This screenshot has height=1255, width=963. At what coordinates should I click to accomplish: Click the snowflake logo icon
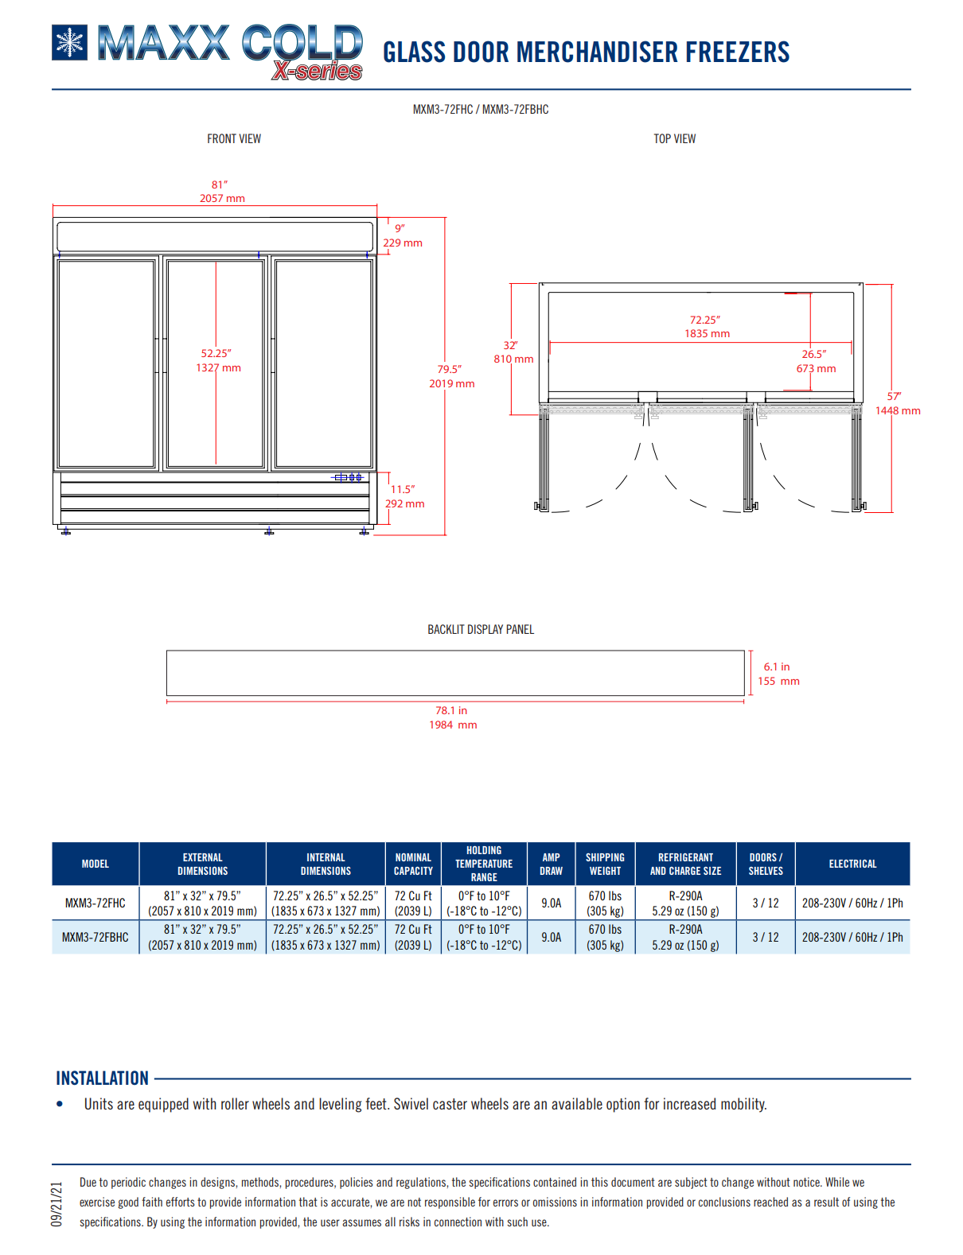click(x=69, y=43)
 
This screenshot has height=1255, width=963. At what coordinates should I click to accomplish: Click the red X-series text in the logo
click(x=318, y=71)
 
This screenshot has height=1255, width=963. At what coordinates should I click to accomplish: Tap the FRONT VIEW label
click(x=234, y=139)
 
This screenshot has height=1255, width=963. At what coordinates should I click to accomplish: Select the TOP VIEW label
click(x=674, y=139)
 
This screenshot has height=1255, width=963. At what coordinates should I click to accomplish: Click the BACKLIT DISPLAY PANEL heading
click(x=481, y=630)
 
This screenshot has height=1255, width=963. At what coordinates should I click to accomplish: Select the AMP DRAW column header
click(x=551, y=864)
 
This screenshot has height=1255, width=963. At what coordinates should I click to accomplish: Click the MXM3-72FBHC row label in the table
click(x=96, y=938)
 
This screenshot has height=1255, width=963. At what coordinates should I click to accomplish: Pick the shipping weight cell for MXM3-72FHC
click(x=605, y=903)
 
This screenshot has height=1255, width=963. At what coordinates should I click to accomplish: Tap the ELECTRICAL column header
click(x=852, y=864)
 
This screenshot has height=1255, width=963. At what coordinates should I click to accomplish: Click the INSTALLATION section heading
click(x=103, y=1078)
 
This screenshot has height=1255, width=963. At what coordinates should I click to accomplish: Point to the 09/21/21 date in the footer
click(x=57, y=1204)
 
